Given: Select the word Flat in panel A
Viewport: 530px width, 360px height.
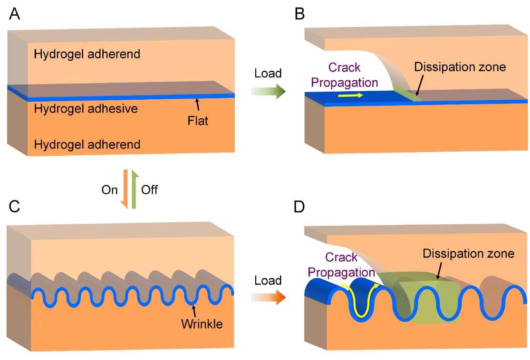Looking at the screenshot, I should point(198,121).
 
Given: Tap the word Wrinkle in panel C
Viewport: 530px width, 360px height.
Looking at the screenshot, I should point(202,325).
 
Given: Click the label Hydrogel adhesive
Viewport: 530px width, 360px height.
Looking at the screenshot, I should point(86,109).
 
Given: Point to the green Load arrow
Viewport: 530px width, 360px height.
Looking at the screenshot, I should point(269,90).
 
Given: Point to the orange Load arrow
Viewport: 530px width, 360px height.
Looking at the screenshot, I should point(269,298).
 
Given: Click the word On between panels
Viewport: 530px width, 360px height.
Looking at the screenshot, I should point(109,190).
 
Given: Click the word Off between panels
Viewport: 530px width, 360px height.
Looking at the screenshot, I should point(150,190).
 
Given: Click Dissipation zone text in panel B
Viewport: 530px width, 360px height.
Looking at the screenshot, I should point(460,66).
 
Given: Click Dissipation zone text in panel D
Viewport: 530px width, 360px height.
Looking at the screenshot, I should point(468,254).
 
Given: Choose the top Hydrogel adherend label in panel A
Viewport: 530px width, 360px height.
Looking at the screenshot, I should point(87,54).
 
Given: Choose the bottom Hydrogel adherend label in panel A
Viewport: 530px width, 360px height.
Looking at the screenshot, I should point(87,144).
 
